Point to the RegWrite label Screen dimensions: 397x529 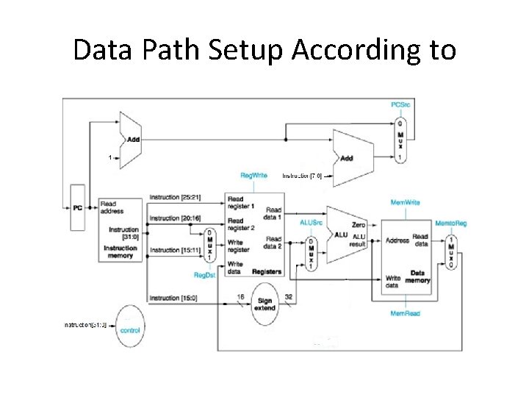254,176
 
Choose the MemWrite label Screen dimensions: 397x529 405,202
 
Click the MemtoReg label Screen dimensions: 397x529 450,223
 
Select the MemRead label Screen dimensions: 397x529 405,314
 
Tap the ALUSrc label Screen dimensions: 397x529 311,223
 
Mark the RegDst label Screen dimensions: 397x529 204,274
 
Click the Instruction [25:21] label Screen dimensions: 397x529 175,198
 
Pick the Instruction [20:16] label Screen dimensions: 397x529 175,218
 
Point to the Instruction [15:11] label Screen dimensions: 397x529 175,251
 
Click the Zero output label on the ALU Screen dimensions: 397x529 359,225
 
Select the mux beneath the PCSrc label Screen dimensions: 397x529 399,140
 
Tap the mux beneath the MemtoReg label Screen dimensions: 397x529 450,254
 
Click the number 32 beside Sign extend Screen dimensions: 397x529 289,296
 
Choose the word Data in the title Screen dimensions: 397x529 103,50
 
